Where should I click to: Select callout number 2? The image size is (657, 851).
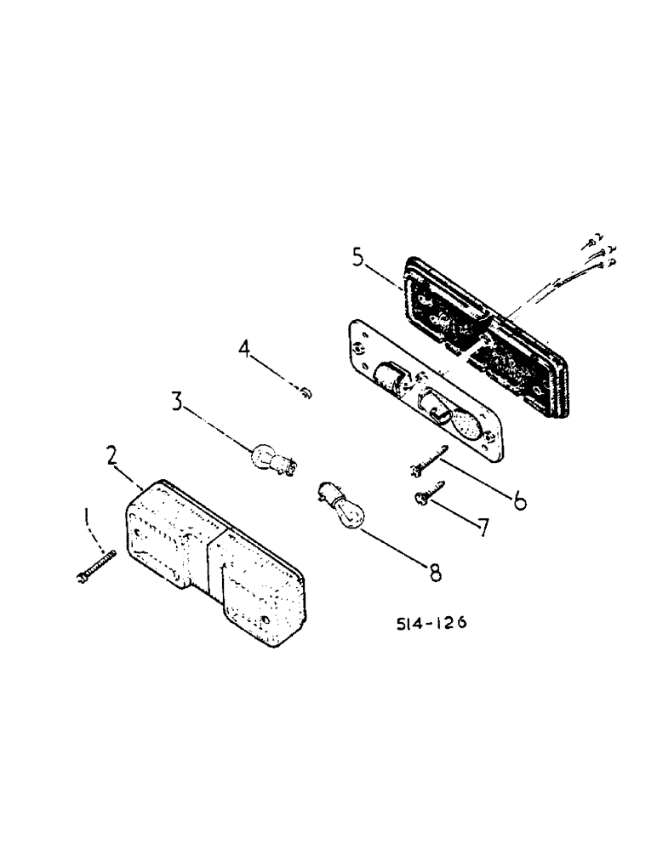[x=112, y=454]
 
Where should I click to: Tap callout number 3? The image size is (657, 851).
[x=177, y=401]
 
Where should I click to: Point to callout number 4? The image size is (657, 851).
[x=246, y=349]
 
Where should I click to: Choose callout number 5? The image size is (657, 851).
[x=359, y=255]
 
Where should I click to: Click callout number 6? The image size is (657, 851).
[x=517, y=499]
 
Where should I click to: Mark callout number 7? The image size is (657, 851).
[x=483, y=528]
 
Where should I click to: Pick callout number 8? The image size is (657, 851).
[x=435, y=574]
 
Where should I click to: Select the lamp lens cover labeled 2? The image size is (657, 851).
[x=213, y=562]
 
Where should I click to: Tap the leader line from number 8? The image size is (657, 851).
[x=394, y=548]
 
